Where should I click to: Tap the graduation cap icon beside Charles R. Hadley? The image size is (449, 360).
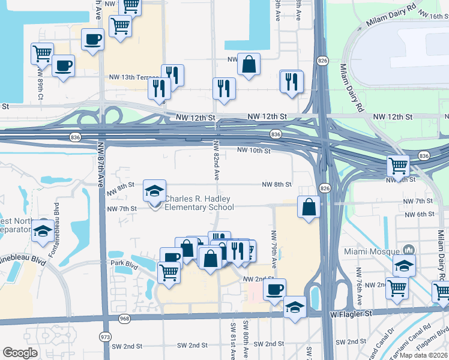coord(154,191)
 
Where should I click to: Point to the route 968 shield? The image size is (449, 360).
coord(124,318)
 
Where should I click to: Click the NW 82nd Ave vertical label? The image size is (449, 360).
coord(216,161)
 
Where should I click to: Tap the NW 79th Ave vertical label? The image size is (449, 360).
coord(274,249)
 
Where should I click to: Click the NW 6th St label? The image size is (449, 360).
coord(419,214)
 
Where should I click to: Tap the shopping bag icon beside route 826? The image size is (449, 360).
coord(308,208)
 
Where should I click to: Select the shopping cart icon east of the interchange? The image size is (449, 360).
coord(398,164)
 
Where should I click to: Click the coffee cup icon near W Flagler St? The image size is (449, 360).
coord(274,289)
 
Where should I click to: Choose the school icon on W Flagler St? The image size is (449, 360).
coord(295,308)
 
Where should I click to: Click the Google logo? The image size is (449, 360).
coord(20,352)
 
